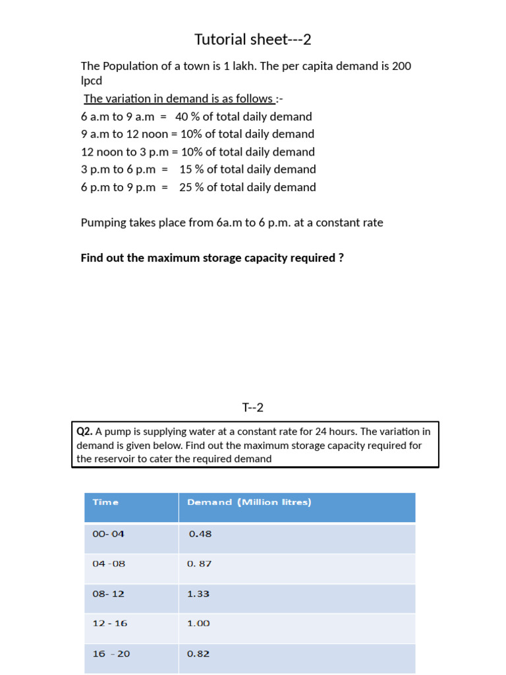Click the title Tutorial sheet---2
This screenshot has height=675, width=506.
coord(252,40)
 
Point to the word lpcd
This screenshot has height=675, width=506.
coord(92,81)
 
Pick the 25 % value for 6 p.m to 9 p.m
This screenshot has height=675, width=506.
coord(192,187)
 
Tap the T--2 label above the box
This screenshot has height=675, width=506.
coord(252,407)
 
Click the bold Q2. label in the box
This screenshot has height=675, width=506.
coord(84,432)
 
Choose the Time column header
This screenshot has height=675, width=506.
coord(105,502)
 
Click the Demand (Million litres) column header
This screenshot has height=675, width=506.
coord(249,502)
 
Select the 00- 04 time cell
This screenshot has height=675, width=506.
coord(108,534)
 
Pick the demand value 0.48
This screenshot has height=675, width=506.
coord(200,534)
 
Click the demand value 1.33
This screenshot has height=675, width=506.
coord(198,594)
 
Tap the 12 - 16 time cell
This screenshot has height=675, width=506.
coord(109,624)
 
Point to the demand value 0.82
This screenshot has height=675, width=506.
coord(198,654)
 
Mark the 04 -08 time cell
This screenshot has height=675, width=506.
coord(109,564)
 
